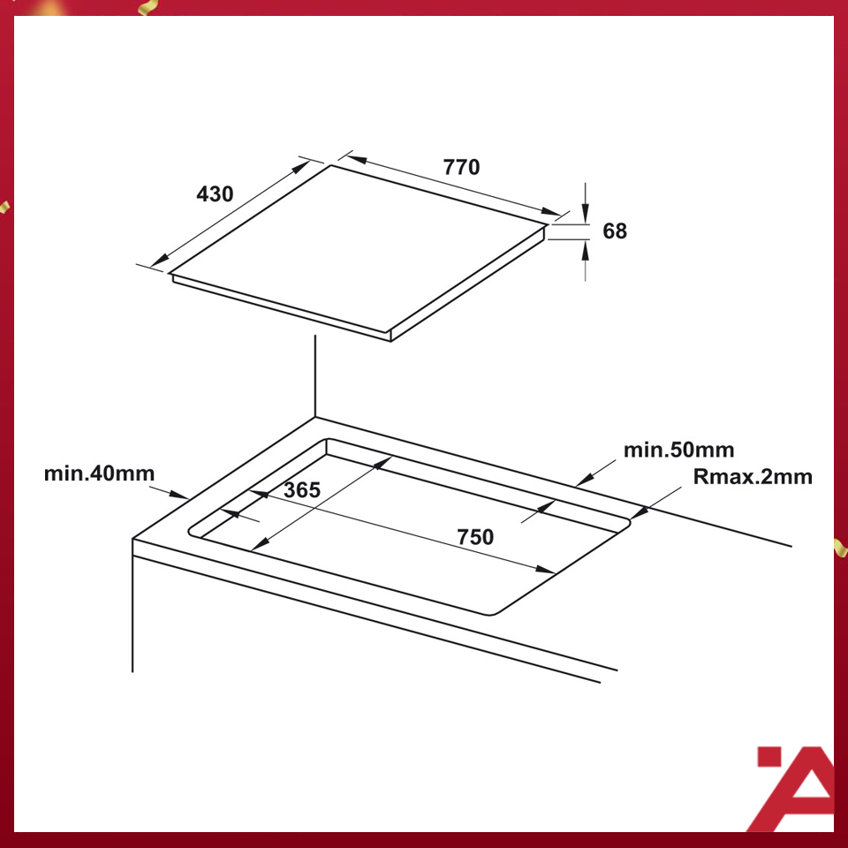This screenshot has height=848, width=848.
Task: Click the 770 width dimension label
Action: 460,167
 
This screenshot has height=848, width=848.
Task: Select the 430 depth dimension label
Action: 215,193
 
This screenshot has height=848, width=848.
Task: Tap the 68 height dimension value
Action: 615,231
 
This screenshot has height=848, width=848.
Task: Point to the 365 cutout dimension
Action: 301,490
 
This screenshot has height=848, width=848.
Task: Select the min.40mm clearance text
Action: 99,474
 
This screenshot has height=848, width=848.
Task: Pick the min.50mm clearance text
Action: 678,450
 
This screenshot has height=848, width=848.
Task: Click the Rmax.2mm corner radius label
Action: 752,477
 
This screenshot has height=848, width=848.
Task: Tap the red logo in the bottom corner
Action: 793,789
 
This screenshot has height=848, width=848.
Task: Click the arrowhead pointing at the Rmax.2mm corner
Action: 640,511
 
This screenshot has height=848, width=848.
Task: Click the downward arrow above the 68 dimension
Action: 585,212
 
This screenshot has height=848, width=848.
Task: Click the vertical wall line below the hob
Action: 315,375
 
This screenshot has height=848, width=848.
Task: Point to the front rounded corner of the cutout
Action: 491,613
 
